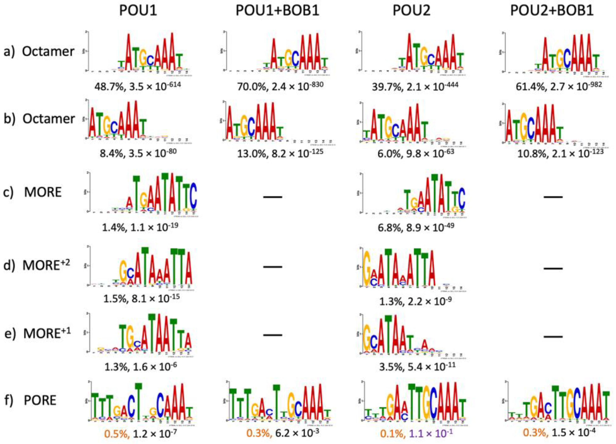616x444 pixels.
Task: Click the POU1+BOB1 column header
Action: click(277, 11)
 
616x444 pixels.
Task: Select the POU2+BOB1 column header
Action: click(552, 11)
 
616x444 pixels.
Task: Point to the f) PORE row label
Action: click(30, 400)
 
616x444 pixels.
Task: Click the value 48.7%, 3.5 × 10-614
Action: click(138, 86)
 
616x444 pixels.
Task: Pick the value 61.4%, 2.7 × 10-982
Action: click(559, 86)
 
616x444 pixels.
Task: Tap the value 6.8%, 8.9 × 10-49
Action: click(416, 227)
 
